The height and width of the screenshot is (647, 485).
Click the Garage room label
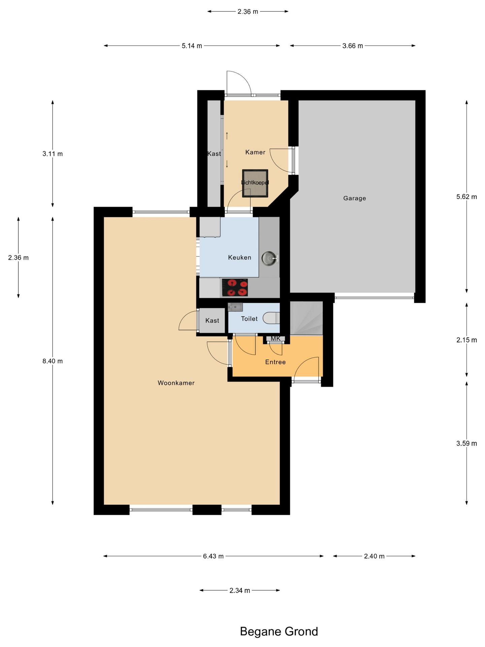[x=354, y=198]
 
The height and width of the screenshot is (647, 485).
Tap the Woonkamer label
[x=176, y=383]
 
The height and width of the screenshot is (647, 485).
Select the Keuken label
[x=239, y=257]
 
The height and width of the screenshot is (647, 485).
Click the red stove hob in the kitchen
[x=235, y=287]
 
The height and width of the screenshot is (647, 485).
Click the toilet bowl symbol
[x=271, y=318]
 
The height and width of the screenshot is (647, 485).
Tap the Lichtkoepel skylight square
[x=255, y=183]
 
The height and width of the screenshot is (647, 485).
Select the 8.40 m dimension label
[x=53, y=361]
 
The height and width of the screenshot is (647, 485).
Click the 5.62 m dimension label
[x=466, y=197]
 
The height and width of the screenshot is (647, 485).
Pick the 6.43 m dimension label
[x=213, y=556]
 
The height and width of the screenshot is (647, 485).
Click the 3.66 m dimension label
[x=353, y=46]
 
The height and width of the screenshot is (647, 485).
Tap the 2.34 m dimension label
[x=240, y=590]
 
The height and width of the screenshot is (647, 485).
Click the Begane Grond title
[x=279, y=631]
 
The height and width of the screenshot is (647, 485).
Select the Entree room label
[x=275, y=362]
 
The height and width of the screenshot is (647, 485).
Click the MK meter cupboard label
[x=276, y=338]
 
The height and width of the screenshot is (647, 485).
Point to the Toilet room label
[x=249, y=319]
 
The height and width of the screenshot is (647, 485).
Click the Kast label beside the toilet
[x=212, y=320]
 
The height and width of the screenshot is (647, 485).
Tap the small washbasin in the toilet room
[x=235, y=307]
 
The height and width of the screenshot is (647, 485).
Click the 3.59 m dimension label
[x=466, y=443]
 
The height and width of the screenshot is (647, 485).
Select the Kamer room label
[x=255, y=152]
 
